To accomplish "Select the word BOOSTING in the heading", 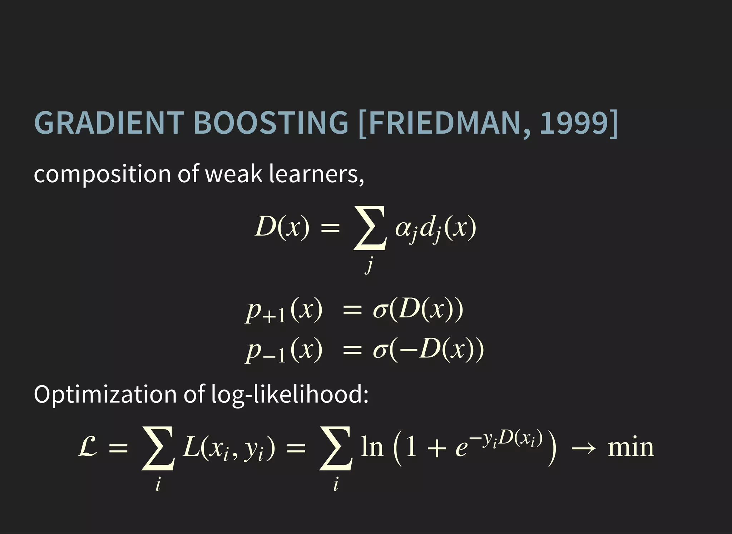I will click(271, 123).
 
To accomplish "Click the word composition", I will click(102, 174).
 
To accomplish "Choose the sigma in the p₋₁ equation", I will click(380, 350).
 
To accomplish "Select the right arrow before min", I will click(583, 448).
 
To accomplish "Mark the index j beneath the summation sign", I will click(369, 266).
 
